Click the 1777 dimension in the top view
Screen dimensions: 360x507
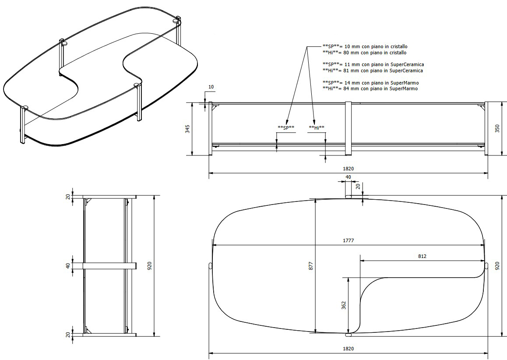349,240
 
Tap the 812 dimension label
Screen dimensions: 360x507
422,256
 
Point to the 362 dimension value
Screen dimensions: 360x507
344,304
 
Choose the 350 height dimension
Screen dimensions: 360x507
497,129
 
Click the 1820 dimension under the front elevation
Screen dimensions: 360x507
349,169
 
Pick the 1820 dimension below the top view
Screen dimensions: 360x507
349,349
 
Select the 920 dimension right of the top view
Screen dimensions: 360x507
497,265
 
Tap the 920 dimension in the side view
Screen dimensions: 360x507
149,265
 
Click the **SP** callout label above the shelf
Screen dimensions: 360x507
286,128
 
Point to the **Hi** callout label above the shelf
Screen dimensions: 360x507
317,128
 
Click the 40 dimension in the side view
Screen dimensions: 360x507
68,265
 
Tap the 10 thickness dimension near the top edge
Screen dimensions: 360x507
211,87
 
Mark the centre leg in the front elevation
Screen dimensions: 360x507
349,128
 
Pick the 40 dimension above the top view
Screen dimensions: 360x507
349,177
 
